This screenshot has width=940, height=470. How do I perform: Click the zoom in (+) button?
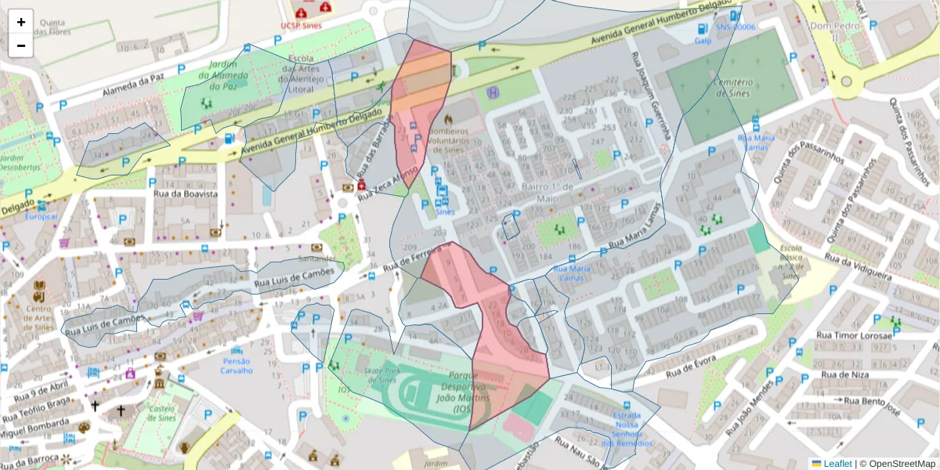[x=20, y=22]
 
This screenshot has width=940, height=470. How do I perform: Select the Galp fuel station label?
[x=702, y=41]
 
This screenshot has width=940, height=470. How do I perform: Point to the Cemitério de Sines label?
[x=732, y=88]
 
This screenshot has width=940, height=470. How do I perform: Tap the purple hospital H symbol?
[x=493, y=92]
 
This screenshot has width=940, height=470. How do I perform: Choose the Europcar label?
[x=41, y=215]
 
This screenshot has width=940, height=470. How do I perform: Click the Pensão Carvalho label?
[x=236, y=366]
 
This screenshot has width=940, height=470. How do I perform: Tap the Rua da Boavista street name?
[x=186, y=193]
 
